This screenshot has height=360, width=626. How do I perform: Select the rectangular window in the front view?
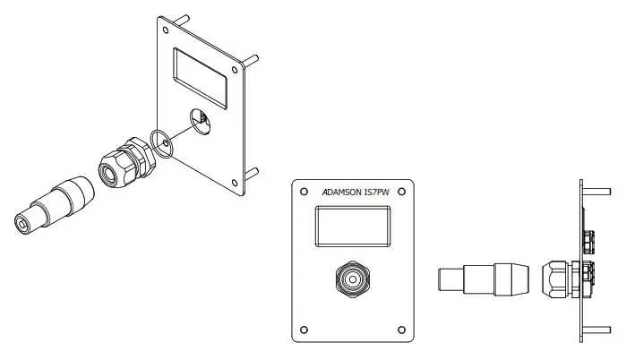[x=352, y=226]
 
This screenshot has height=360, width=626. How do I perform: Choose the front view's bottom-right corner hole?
[x=401, y=328]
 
